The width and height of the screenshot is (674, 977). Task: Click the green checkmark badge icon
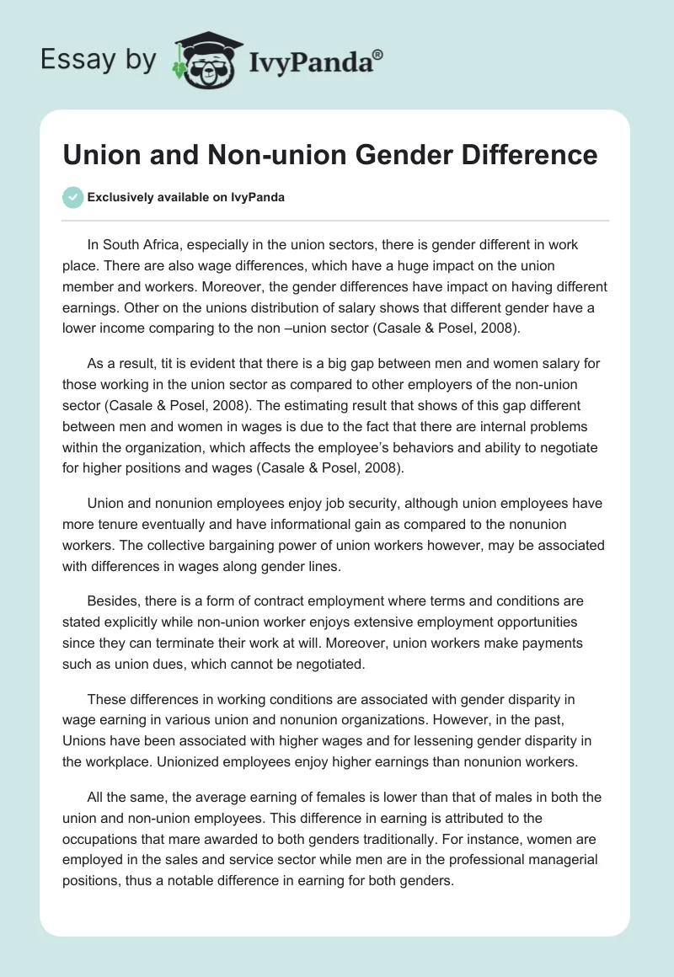coord(72,197)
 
